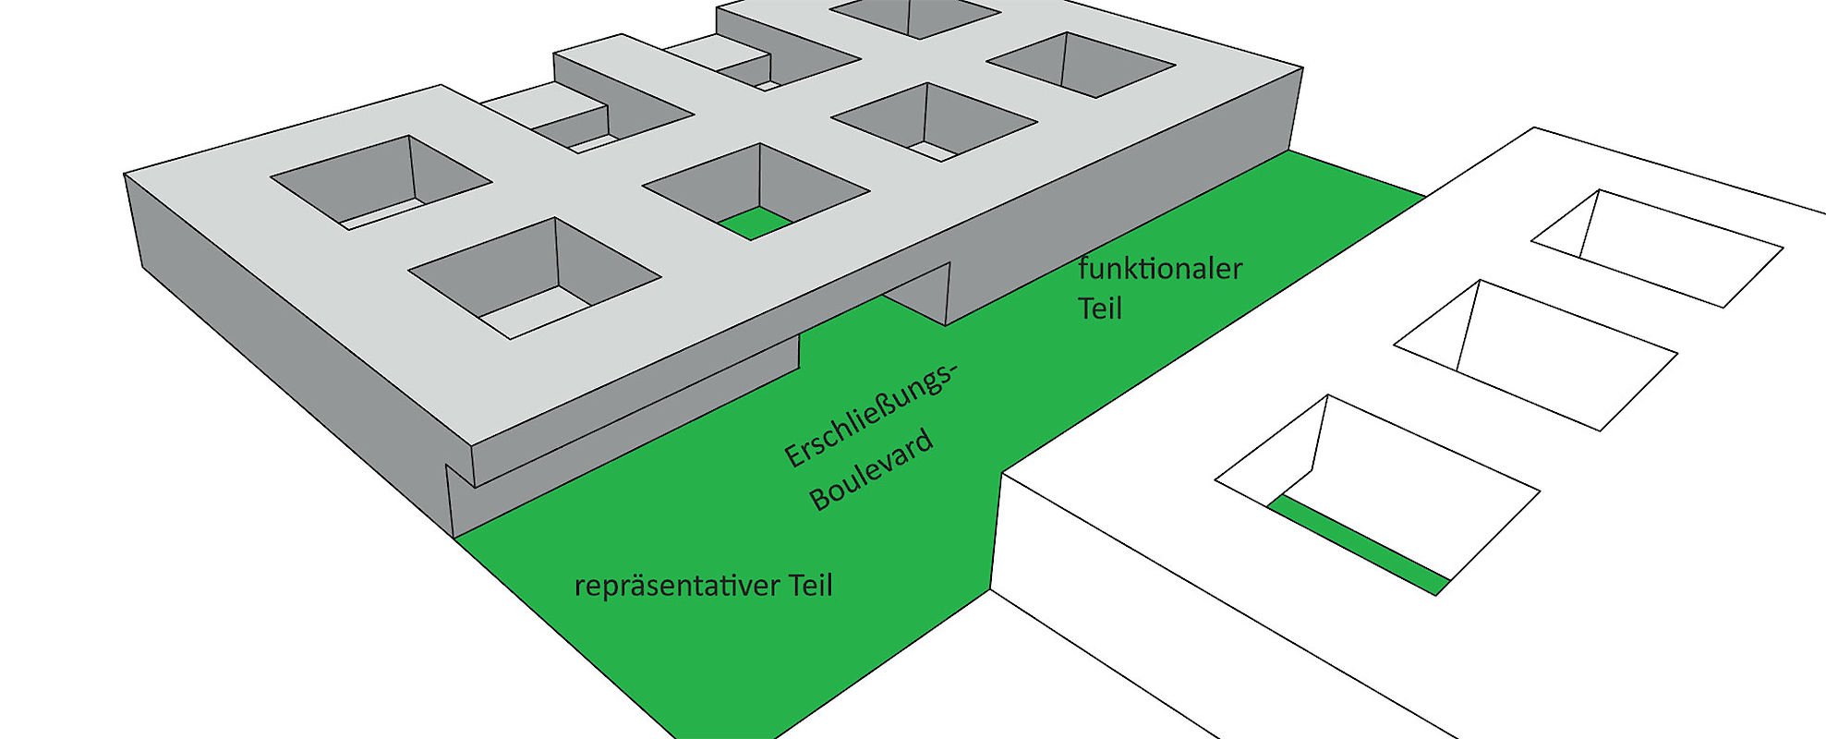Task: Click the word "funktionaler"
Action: (x=1160, y=269)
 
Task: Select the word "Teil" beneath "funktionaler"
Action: (x=1099, y=309)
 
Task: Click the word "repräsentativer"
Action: (x=677, y=586)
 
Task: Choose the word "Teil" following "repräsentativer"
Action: (x=811, y=586)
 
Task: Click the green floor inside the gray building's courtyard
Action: (x=755, y=224)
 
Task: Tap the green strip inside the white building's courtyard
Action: (x=1358, y=546)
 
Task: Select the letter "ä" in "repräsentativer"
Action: (x=629, y=586)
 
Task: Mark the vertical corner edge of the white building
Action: (x=997, y=532)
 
